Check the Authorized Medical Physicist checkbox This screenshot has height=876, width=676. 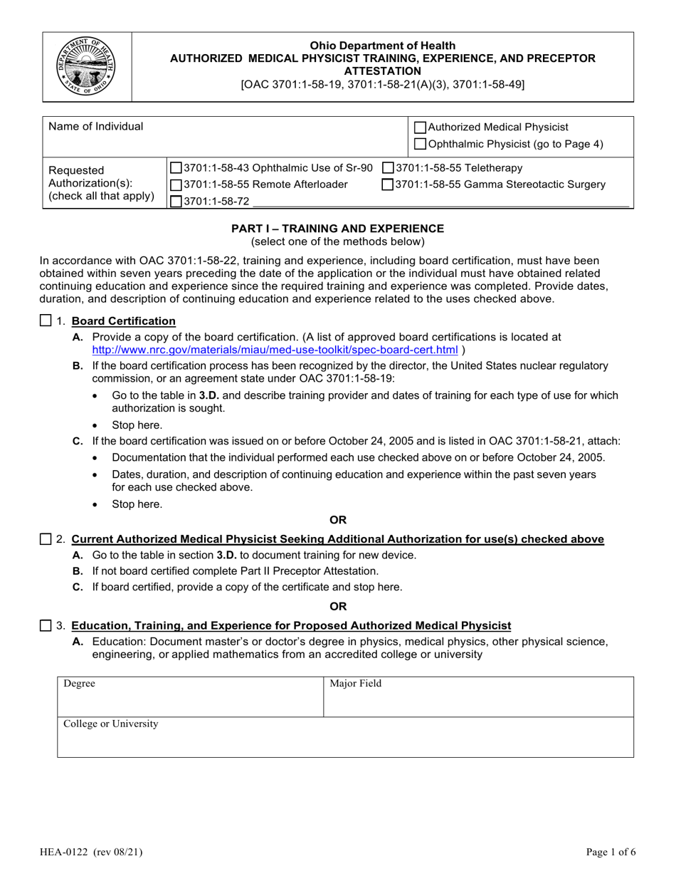[x=421, y=127]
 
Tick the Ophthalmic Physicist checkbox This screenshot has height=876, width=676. [x=421, y=145]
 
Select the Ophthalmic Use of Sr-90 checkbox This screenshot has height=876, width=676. [x=176, y=168]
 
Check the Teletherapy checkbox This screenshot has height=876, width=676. [x=388, y=168]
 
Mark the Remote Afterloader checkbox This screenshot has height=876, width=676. [x=176, y=185]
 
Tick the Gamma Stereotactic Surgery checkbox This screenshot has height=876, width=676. [x=388, y=185]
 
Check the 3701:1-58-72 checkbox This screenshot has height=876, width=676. [x=176, y=202]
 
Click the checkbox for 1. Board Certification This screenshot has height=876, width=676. [x=46, y=320]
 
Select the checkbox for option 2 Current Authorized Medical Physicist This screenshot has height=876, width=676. [x=46, y=539]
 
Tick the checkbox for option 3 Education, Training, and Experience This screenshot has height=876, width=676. [x=46, y=625]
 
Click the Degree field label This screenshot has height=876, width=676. [x=79, y=684]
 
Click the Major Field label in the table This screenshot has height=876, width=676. [x=355, y=684]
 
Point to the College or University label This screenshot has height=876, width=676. [x=111, y=724]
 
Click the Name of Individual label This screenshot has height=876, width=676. [x=95, y=127]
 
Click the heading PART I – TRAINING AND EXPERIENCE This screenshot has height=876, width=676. [x=338, y=229]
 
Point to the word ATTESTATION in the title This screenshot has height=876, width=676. [x=382, y=71]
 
